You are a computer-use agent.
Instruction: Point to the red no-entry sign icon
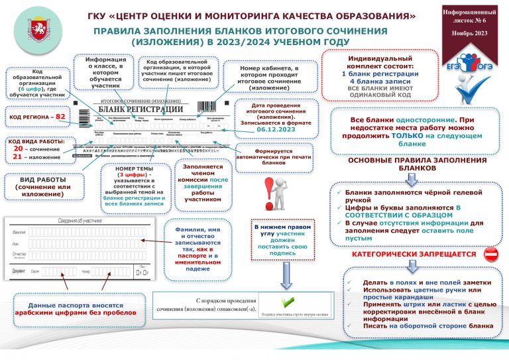click(x=491, y=254)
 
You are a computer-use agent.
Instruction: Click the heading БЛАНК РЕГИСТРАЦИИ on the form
click(x=141, y=109)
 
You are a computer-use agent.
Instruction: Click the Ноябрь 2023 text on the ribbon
click(x=471, y=33)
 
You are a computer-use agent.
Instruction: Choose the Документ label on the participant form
click(x=20, y=271)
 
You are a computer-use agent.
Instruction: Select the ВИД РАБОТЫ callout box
click(x=38, y=188)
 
